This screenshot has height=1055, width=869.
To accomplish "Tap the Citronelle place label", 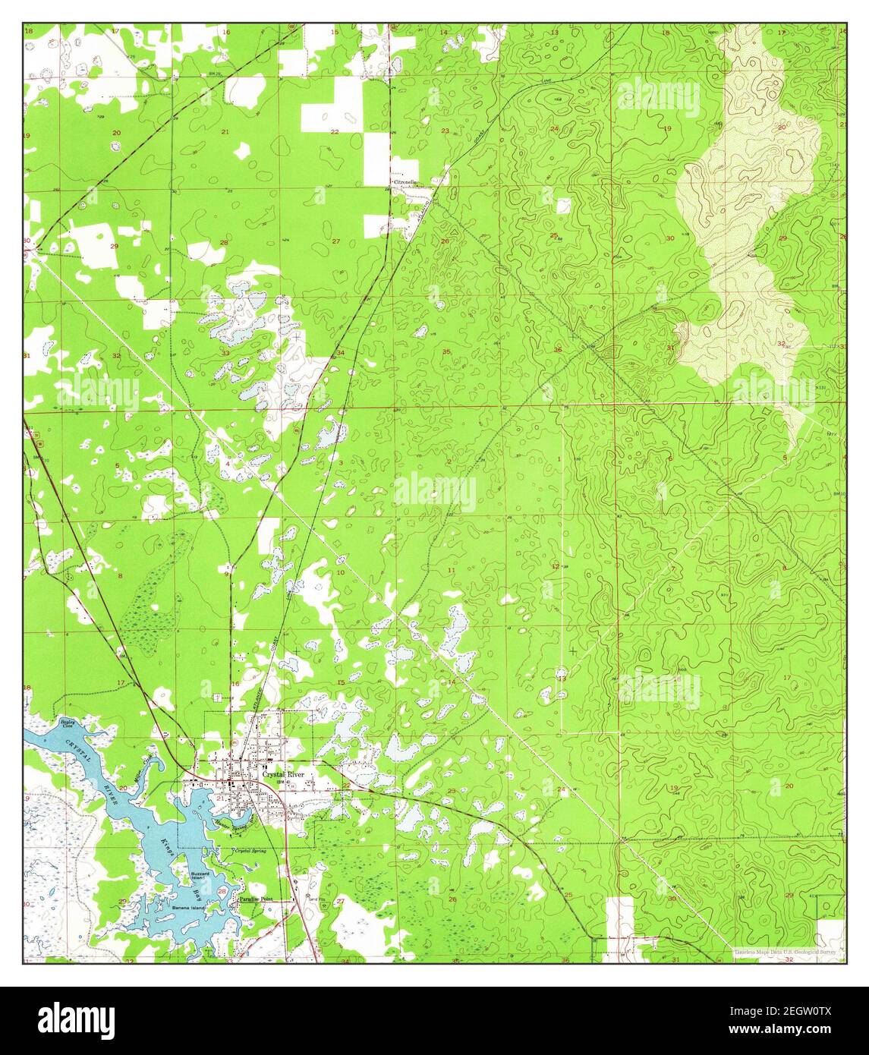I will click(405, 183).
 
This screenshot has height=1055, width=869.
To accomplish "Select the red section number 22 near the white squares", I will click(335, 132).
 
